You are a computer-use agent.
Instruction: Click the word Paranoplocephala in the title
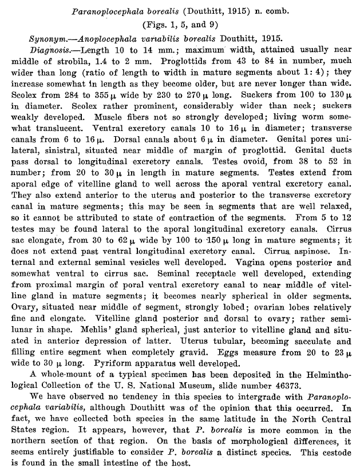[x=113, y=11]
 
